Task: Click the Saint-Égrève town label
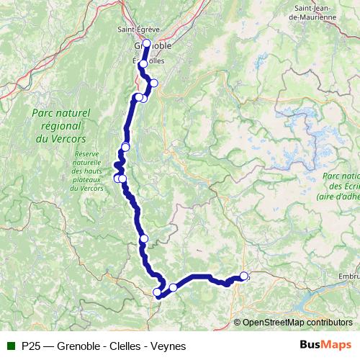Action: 138,30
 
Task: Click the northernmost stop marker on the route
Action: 146,43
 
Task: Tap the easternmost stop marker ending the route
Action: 243,276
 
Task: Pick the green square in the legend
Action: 11,346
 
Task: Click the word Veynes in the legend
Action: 170,346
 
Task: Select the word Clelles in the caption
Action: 127,346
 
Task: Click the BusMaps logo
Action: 325,346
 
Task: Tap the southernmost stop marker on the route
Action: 158,292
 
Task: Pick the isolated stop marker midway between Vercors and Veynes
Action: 143,238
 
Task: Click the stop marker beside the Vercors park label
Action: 125,148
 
